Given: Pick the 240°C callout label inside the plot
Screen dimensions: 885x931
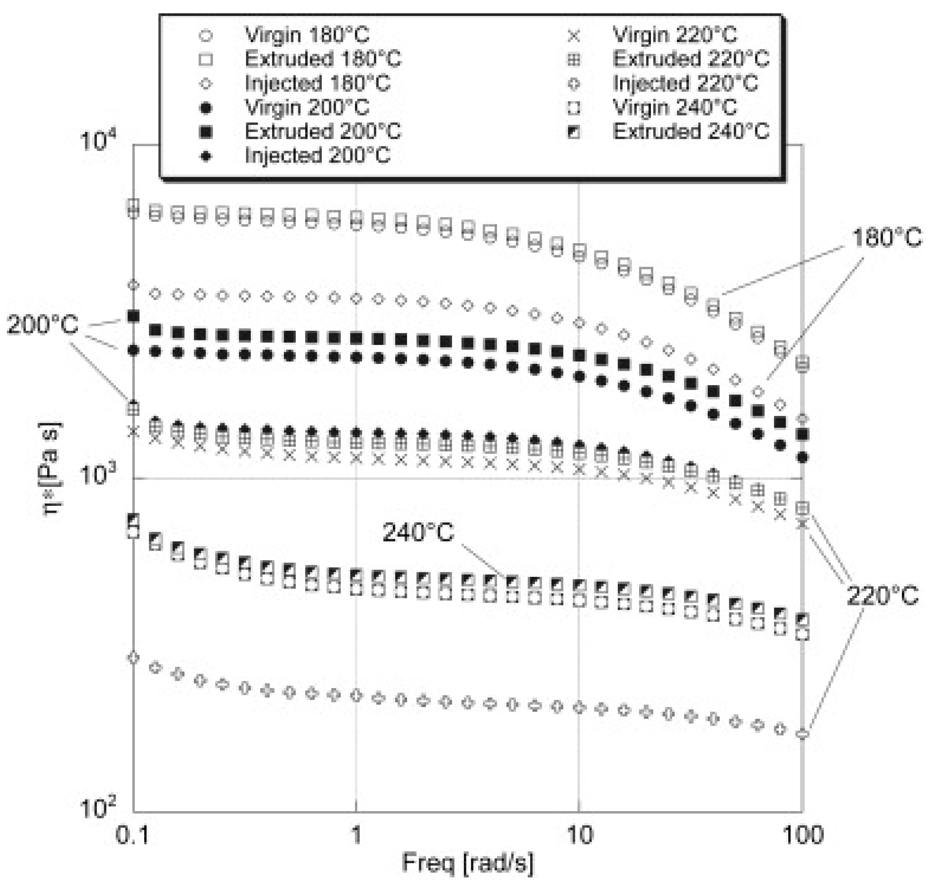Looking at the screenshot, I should [x=418, y=532].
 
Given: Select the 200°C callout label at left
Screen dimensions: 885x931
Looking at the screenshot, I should [x=42, y=326].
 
